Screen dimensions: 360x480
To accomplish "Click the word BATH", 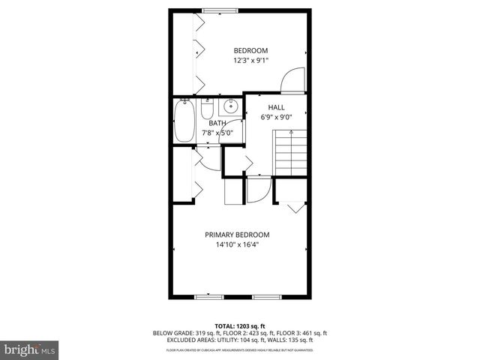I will point(217,123).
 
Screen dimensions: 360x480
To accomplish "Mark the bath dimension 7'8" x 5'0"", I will point(217,133).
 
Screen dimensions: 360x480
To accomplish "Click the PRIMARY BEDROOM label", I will point(237,235).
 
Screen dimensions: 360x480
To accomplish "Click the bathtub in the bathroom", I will point(184,122).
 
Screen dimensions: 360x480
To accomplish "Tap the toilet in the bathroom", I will point(207,109).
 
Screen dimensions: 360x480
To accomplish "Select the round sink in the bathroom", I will point(232,106).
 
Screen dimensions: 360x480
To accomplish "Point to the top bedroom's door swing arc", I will point(292,79).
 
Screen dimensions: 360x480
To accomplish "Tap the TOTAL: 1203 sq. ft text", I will point(240,326).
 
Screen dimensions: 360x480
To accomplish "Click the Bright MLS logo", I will point(29,349).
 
